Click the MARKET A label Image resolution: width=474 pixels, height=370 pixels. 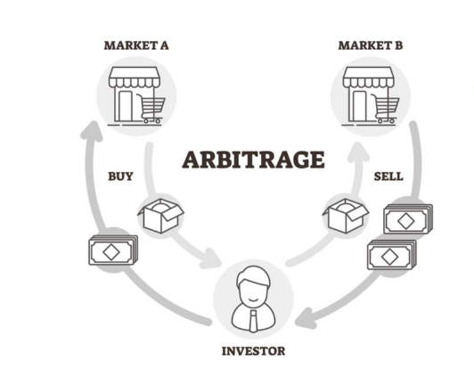[136, 45]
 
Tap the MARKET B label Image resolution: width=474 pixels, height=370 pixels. [371, 45]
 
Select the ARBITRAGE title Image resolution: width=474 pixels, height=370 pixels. [253, 160]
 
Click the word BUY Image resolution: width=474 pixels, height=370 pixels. [120, 177]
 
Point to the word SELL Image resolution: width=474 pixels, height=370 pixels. [388, 177]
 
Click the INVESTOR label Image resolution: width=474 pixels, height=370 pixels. [253, 351]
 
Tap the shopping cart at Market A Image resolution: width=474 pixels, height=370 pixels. [151, 108]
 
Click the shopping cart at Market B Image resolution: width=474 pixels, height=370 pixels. [386, 108]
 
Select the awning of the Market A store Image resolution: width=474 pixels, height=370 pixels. [134, 78]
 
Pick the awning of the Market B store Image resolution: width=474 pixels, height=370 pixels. [368, 78]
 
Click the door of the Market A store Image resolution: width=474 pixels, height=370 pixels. [126, 106]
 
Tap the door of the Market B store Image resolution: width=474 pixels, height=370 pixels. [360, 106]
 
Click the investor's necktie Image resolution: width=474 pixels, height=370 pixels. [253, 321]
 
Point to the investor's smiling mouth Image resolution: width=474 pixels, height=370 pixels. [253, 300]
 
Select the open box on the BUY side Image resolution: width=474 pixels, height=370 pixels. [160, 216]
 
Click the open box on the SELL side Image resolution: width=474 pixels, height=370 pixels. [346, 216]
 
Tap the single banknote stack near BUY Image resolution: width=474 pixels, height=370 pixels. [113, 251]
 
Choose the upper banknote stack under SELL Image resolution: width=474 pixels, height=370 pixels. [408, 219]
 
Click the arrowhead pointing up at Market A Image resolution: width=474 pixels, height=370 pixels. [92, 131]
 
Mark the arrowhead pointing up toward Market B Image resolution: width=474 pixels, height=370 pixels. [358, 152]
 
